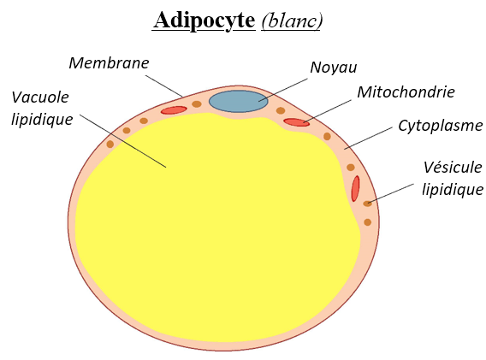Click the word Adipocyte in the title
204,21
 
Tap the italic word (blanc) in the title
292,21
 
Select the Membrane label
109,63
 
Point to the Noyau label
334,68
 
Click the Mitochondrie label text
406,92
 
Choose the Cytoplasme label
441,126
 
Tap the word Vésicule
453,168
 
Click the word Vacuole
40,97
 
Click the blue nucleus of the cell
239,101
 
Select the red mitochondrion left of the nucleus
174,110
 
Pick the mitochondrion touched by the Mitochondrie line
297,122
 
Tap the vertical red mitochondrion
355,189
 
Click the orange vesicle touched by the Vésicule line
367,204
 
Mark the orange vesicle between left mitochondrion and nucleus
197,104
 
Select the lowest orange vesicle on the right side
368,222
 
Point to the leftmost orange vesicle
110,144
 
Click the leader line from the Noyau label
283,90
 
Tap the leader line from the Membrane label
164,86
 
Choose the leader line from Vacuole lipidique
122,141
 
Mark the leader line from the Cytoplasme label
368,139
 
